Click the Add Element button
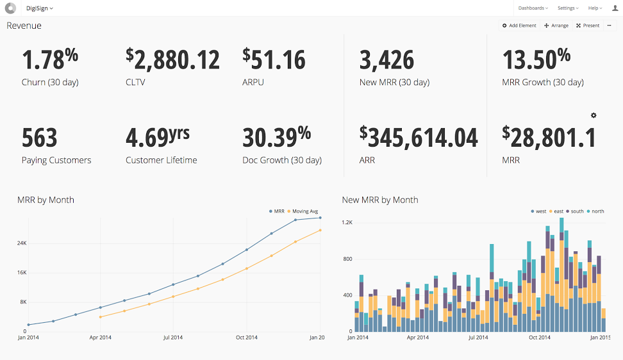[519, 26]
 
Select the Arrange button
[556, 26]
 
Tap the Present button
[588, 26]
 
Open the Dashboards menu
[533, 8]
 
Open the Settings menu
[568, 8]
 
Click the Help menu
[595, 8]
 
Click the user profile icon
[615, 8]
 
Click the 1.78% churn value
[50, 60]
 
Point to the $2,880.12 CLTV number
[172, 60]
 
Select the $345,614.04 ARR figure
[419, 138]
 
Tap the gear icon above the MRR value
[594, 115]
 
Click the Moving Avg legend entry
[303, 211]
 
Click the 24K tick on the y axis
[22, 243]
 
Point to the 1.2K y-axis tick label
[347, 222]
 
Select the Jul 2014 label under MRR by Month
[173, 337]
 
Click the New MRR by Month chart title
[380, 200]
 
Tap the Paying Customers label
[56, 160]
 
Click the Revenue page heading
[24, 26]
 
